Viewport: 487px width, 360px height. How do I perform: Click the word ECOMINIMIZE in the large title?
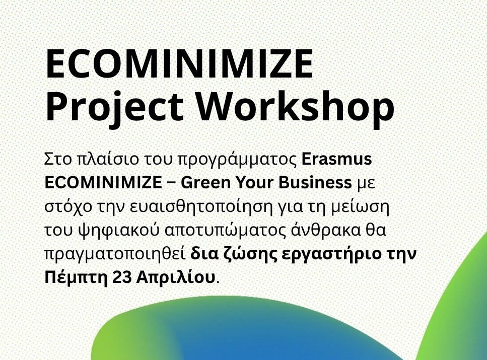click(x=179, y=64)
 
